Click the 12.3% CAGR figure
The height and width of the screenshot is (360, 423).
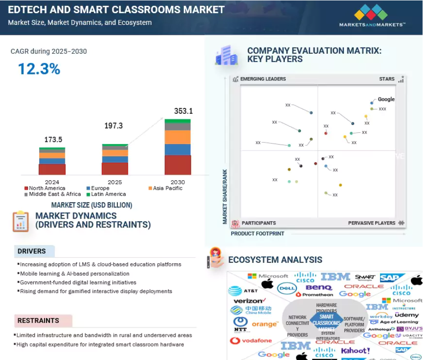(39, 69)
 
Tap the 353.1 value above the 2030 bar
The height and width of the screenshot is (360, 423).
(183, 111)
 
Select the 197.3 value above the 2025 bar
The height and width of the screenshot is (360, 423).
(113, 126)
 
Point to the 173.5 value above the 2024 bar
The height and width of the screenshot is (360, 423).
(53, 140)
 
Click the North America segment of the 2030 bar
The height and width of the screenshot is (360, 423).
(177, 165)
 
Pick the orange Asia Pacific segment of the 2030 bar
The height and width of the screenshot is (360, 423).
(177, 137)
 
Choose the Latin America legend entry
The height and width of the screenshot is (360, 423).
(108, 194)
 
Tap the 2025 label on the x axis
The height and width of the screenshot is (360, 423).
(115, 182)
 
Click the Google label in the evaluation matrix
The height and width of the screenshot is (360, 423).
(386, 99)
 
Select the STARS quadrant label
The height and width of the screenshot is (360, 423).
(387, 79)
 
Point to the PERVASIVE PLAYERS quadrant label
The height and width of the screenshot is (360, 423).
(372, 223)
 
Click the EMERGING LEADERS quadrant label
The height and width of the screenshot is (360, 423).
(263, 79)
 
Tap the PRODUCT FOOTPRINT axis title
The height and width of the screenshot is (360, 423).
(257, 234)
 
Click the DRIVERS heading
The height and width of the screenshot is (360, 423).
(32, 251)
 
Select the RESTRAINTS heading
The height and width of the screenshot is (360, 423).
(38, 321)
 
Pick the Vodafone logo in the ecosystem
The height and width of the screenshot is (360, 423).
(251, 341)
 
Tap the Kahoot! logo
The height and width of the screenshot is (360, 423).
(355, 351)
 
